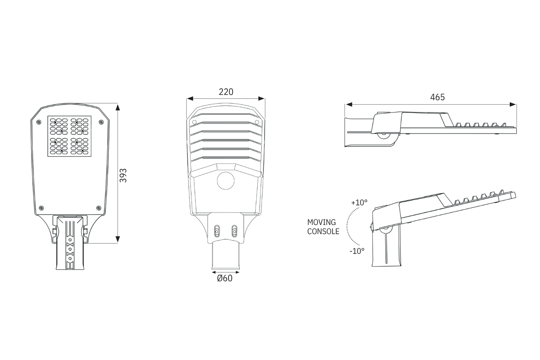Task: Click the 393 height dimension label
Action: point(123,175)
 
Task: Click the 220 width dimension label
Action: point(226,92)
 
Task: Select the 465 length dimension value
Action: point(437,97)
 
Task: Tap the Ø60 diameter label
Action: point(225,278)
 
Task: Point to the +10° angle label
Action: point(359,202)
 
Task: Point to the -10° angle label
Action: point(357,251)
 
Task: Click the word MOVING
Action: point(322,222)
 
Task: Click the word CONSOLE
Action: point(323,231)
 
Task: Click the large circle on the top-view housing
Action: point(226,181)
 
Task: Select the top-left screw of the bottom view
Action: point(39,122)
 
